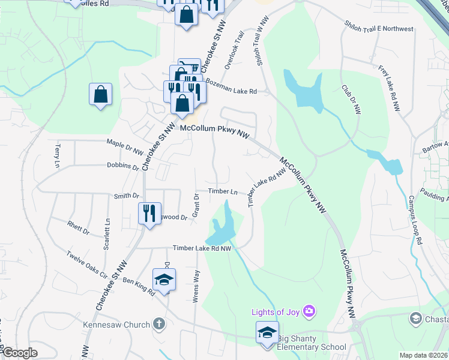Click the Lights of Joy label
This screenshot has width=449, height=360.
pyautogui.click(x=276, y=311)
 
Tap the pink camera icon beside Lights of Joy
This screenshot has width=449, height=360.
pyautogui.click(x=309, y=311)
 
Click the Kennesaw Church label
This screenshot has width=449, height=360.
pyautogui.click(x=116, y=325)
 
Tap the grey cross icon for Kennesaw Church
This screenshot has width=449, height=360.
pyautogui.click(x=159, y=325)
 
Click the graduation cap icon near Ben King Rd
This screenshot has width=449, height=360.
pyautogui.click(x=164, y=280)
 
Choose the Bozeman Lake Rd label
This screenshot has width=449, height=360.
pyautogui.click(x=231, y=86)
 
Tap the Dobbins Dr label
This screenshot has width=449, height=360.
pyautogui.click(x=123, y=166)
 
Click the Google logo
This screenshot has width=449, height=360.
pyautogui.click(x=19, y=353)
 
